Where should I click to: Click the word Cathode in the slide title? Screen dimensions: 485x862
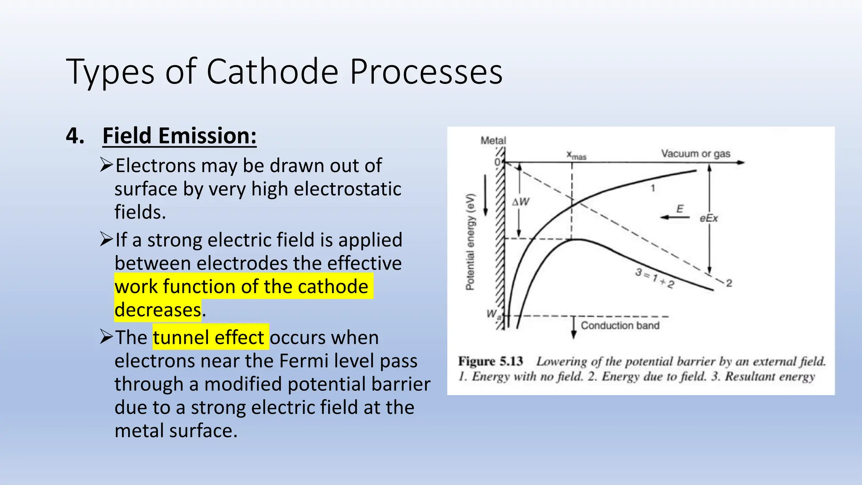272,72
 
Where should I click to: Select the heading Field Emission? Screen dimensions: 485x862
179,136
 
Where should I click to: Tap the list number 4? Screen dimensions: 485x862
75,136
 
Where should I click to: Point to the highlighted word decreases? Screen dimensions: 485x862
158,310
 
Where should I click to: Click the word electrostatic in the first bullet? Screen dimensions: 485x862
347,189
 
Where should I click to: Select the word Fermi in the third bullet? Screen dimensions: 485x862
304,361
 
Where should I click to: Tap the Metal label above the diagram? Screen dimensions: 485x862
493,141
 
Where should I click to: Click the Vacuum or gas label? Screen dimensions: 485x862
695,154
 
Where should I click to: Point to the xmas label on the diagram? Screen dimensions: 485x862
576,155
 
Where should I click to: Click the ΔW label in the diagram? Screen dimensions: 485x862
521,202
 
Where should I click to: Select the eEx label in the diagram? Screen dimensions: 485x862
708,219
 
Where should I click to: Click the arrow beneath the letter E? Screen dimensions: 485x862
675,217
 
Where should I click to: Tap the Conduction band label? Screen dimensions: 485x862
620,325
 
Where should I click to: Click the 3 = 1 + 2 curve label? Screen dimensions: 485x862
654,278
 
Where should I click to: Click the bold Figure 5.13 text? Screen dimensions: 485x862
490,361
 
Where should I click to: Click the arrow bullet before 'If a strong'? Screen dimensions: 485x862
106,240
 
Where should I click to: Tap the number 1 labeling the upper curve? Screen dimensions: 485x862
653,188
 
